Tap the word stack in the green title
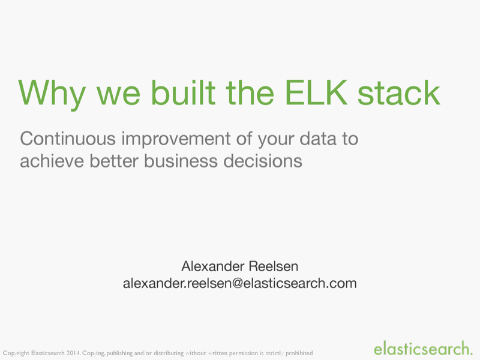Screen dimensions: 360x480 (x=399, y=92)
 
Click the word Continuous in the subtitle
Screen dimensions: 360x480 (x=68, y=139)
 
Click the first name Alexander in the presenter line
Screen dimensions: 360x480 (x=213, y=265)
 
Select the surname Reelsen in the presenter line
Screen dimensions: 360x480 (x=273, y=265)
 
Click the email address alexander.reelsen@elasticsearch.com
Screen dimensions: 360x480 (x=239, y=283)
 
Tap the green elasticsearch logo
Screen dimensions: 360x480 (x=422, y=347)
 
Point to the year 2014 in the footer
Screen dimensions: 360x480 (x=71, y=353)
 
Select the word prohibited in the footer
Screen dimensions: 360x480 (x=298, y=353)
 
